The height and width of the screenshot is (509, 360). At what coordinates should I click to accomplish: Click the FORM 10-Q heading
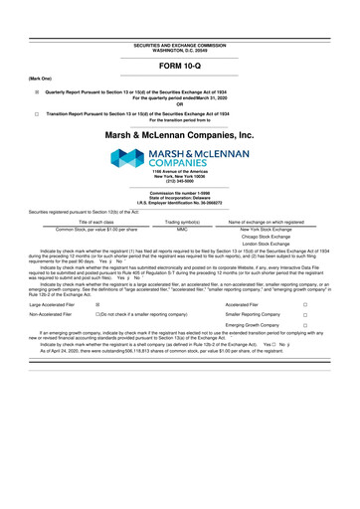180,67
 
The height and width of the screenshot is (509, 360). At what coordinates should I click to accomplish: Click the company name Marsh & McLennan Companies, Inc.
180,134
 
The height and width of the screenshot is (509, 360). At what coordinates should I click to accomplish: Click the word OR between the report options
179,102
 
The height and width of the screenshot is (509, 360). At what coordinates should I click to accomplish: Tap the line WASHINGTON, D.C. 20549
179,51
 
